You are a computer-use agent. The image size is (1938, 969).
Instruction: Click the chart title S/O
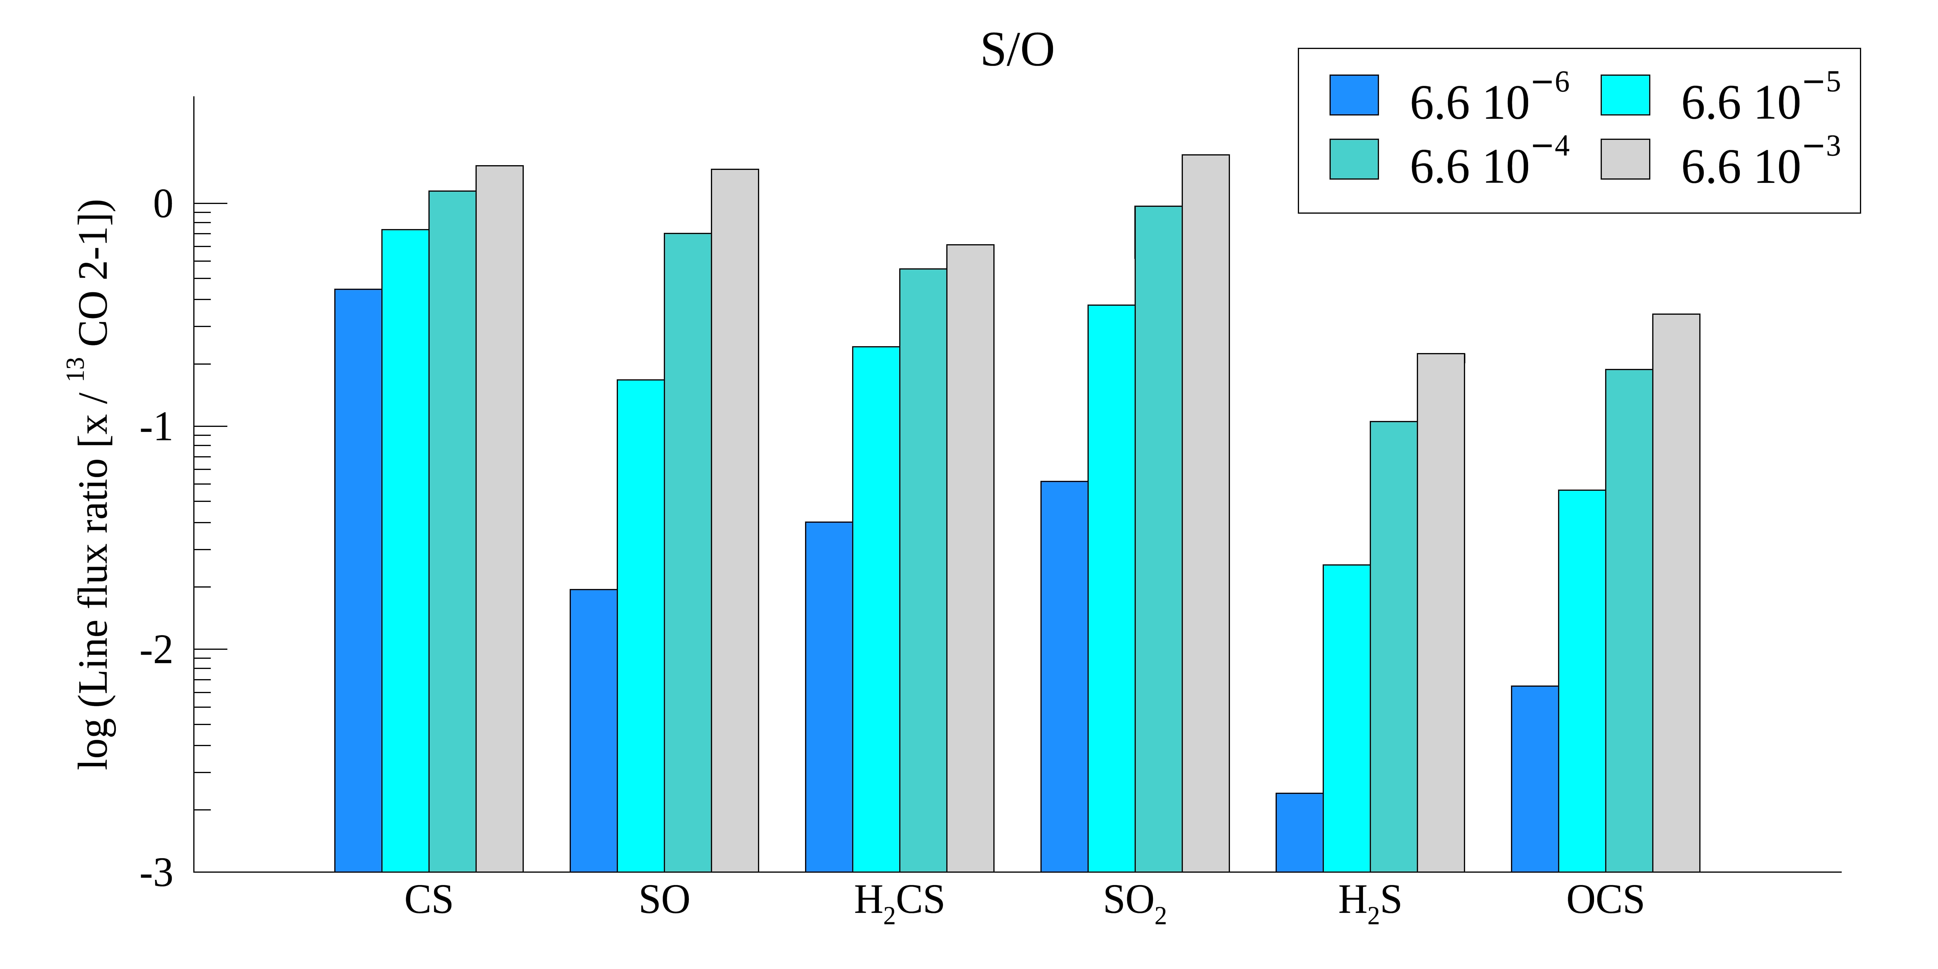(x=1017, y=51)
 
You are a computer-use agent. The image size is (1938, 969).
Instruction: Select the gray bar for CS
(x=500, y=519)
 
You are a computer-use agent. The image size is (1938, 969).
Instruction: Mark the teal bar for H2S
(x=1393, y=647)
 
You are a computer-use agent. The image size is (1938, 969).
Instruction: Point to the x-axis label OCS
(x=1605, y=901)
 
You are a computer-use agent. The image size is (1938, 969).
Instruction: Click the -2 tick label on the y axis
(x=156, y=651)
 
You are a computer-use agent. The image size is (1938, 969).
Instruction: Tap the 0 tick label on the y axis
(x=163, y=204)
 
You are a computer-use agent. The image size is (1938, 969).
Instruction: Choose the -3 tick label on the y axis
(x=156, y=874)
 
